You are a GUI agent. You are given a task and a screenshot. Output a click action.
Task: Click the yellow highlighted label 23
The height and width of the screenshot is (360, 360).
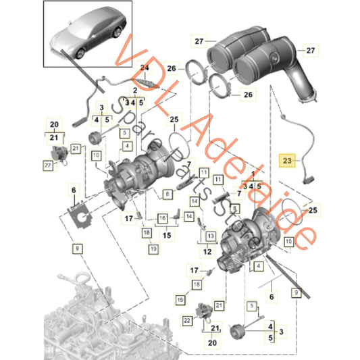click(287, 161)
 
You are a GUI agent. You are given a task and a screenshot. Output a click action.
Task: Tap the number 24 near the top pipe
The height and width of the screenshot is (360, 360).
click(143, 68)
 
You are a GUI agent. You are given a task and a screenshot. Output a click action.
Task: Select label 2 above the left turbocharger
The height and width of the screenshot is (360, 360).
click(136, 91)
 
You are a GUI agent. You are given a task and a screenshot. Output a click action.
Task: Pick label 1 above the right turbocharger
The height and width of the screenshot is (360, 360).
click(234, 174)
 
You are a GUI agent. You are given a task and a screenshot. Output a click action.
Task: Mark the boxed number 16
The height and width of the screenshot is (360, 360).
click(162, 219)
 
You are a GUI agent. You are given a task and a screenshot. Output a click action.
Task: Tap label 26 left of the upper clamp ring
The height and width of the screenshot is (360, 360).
click(172, 68)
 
